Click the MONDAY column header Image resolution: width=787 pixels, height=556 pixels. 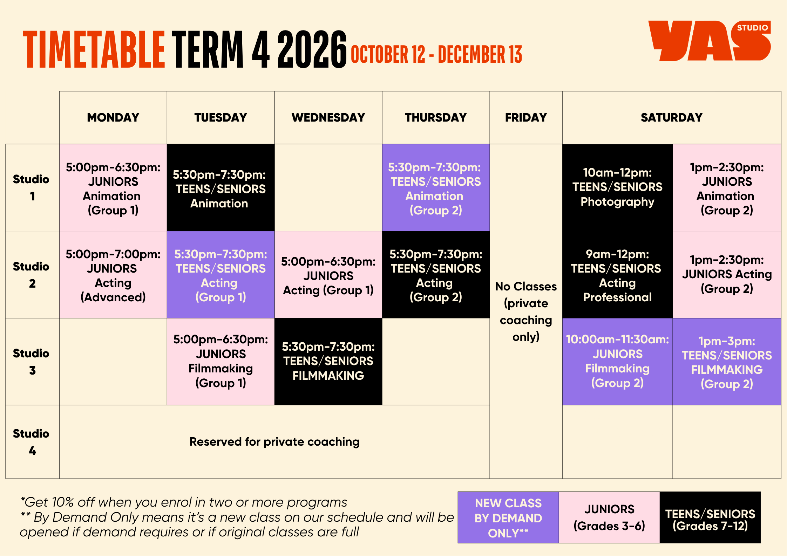113,117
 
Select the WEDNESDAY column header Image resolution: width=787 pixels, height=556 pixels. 328,117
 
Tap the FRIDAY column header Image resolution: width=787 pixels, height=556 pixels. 526,117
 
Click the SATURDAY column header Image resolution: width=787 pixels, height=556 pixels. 672,117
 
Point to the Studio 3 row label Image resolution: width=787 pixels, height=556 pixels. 32,362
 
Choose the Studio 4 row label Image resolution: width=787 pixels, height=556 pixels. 32,442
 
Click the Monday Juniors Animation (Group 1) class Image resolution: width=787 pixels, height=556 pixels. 113,188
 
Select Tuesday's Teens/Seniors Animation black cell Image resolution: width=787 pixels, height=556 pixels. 221,188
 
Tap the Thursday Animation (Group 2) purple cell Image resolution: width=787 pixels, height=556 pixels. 436,188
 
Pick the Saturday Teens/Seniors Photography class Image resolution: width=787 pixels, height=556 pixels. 617,188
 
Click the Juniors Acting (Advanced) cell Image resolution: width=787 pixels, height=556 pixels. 113,275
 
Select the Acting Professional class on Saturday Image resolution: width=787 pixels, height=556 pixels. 617,275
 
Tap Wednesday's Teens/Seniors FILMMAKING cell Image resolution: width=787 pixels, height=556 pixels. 328,362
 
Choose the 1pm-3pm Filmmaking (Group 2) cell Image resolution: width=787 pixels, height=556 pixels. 727,362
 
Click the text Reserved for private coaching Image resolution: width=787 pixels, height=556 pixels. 274,442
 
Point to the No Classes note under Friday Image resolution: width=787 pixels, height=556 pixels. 526,311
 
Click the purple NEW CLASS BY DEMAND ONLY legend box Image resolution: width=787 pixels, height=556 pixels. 508,517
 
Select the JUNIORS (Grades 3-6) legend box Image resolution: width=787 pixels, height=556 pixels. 609,517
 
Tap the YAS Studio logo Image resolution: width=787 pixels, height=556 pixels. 710,41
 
